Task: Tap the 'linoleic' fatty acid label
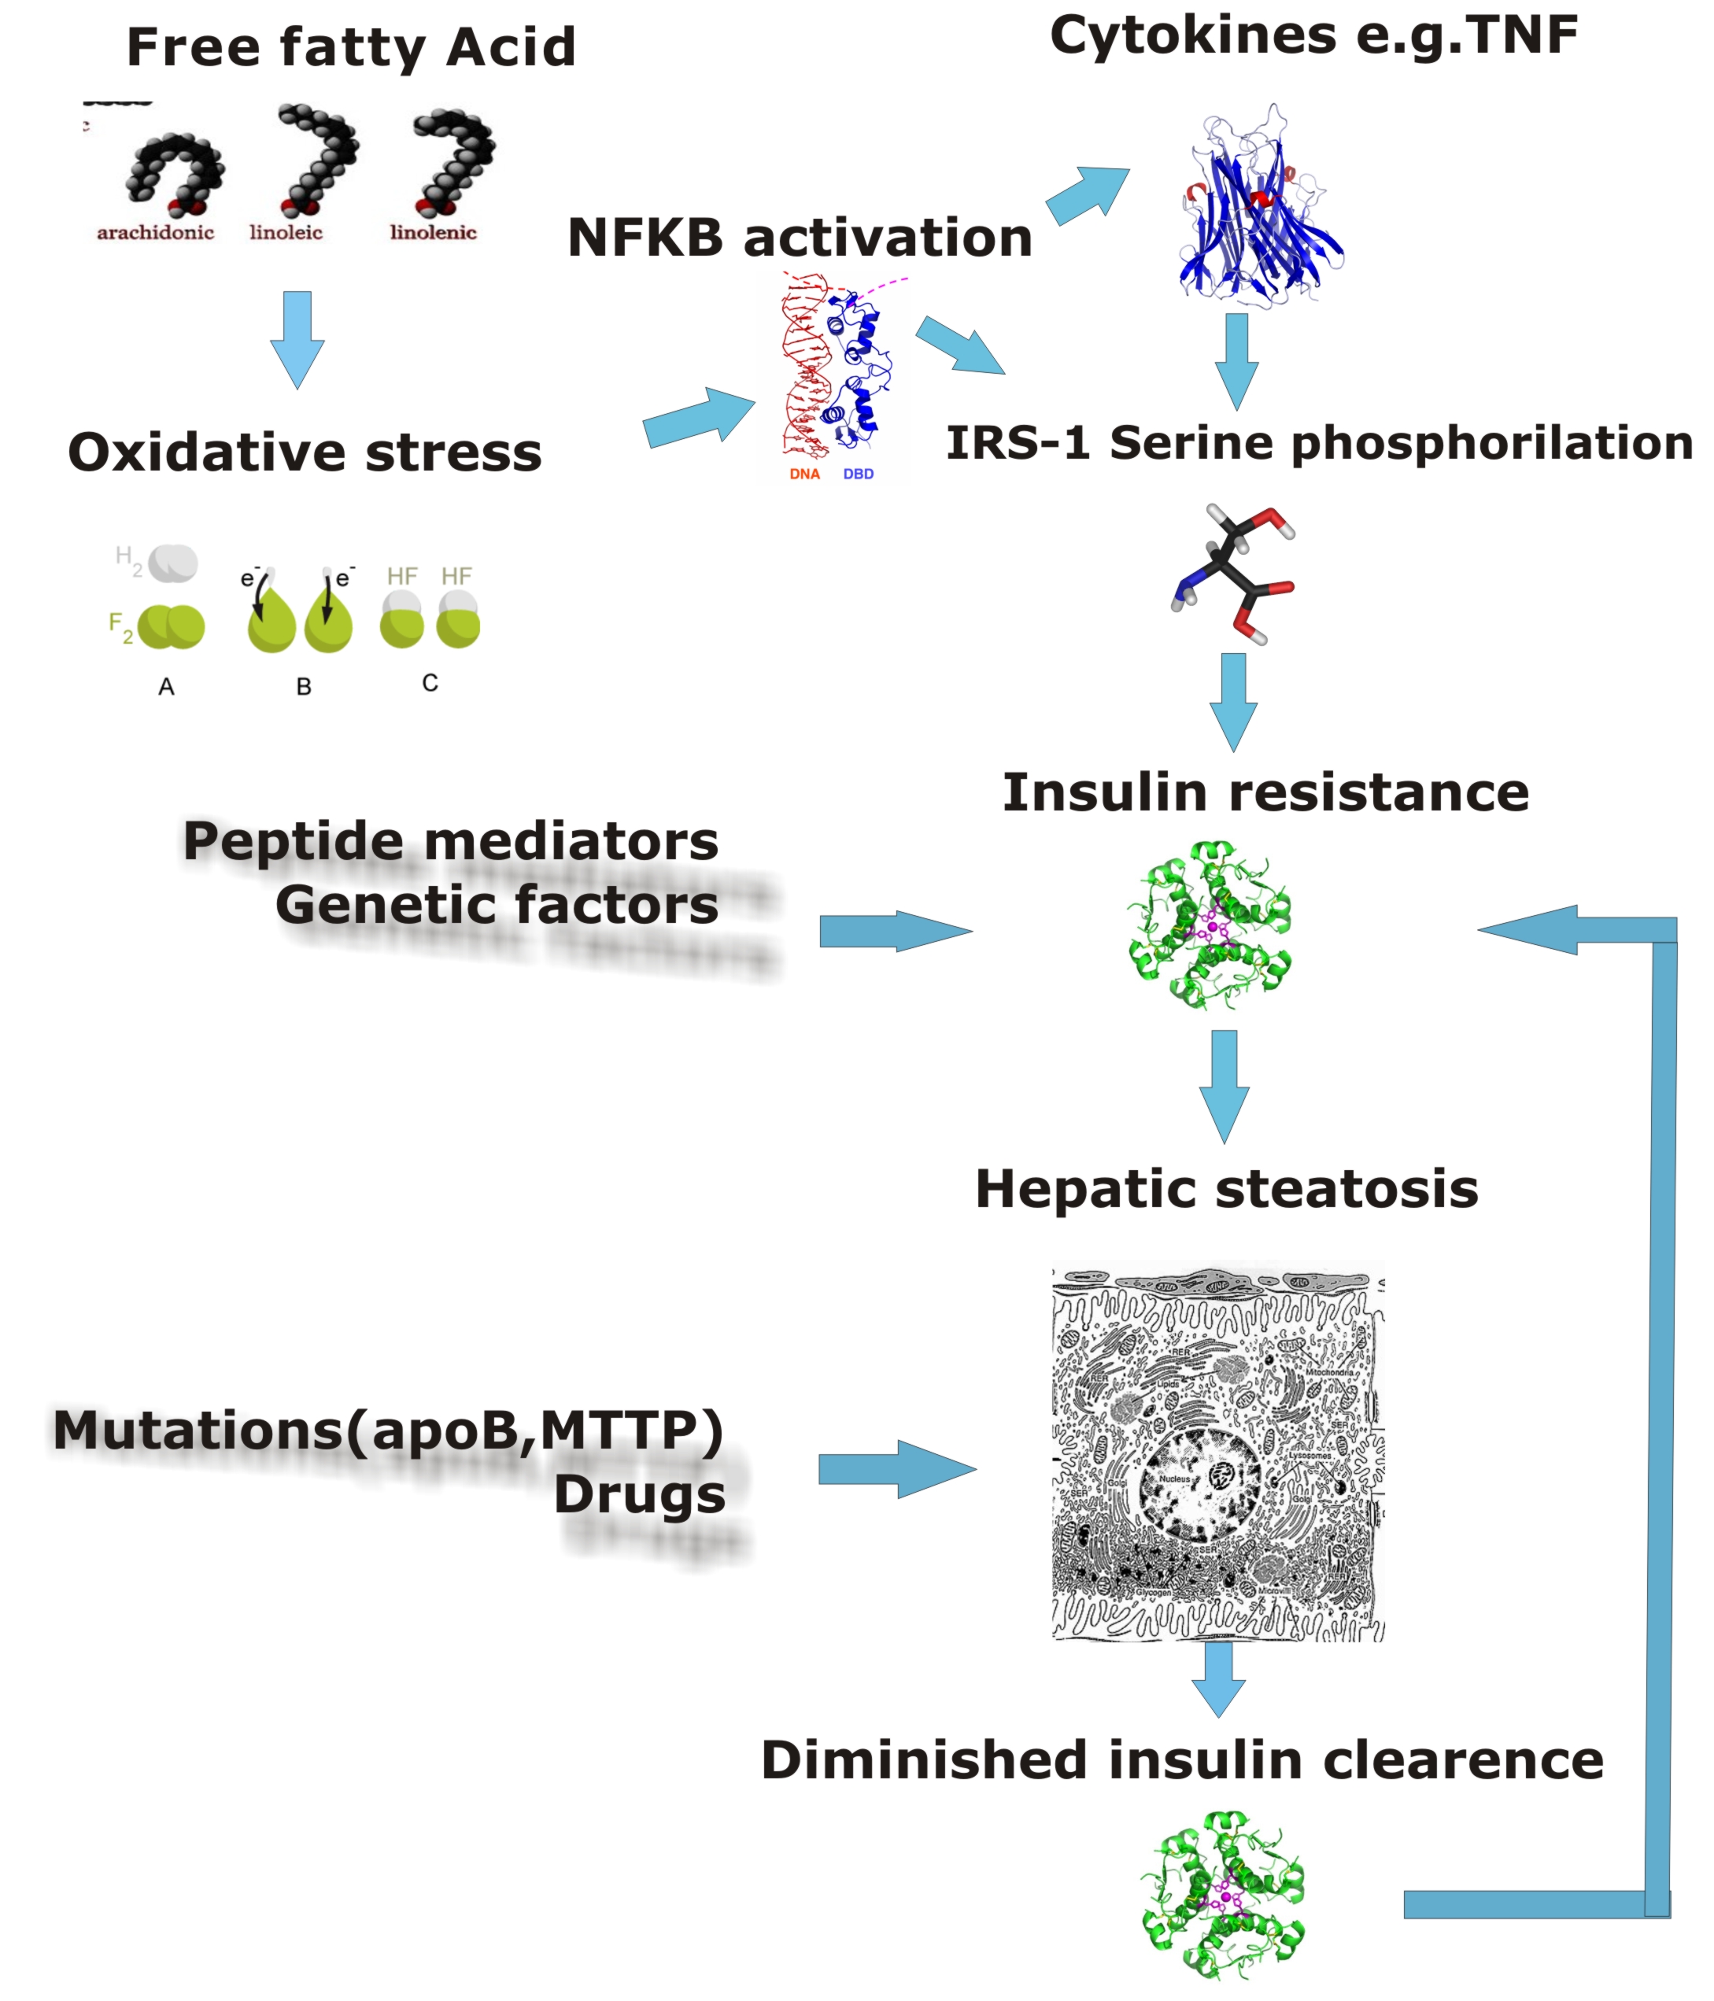point(286,232)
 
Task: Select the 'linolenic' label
point(433,232)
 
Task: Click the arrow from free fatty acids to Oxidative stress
point(297,338)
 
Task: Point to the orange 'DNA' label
point(804,474)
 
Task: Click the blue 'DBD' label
point(859,474)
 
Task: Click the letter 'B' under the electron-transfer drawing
point(303,687)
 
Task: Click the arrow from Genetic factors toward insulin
point(894,931)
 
